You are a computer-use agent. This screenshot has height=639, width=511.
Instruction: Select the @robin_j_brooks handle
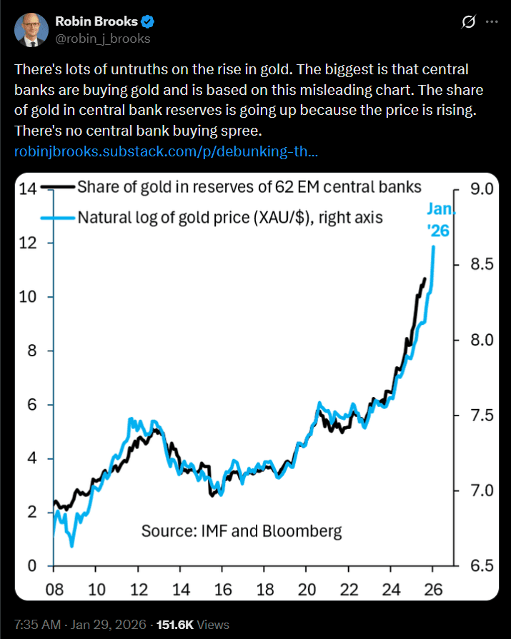pos(103,39)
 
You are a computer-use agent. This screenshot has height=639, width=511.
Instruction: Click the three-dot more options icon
pos(491,22)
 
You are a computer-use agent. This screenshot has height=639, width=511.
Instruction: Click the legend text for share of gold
pos(249,187)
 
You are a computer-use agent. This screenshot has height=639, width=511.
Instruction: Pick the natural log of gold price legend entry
pos(229,217)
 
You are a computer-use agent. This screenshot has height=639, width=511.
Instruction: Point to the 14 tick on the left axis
pos(28,189)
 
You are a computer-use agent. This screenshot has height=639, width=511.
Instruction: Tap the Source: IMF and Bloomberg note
pos(242,531)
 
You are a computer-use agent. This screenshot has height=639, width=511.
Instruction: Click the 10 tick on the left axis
pos(28,297)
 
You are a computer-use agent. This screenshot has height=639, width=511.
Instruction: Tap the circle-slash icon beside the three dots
pos(469,22)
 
